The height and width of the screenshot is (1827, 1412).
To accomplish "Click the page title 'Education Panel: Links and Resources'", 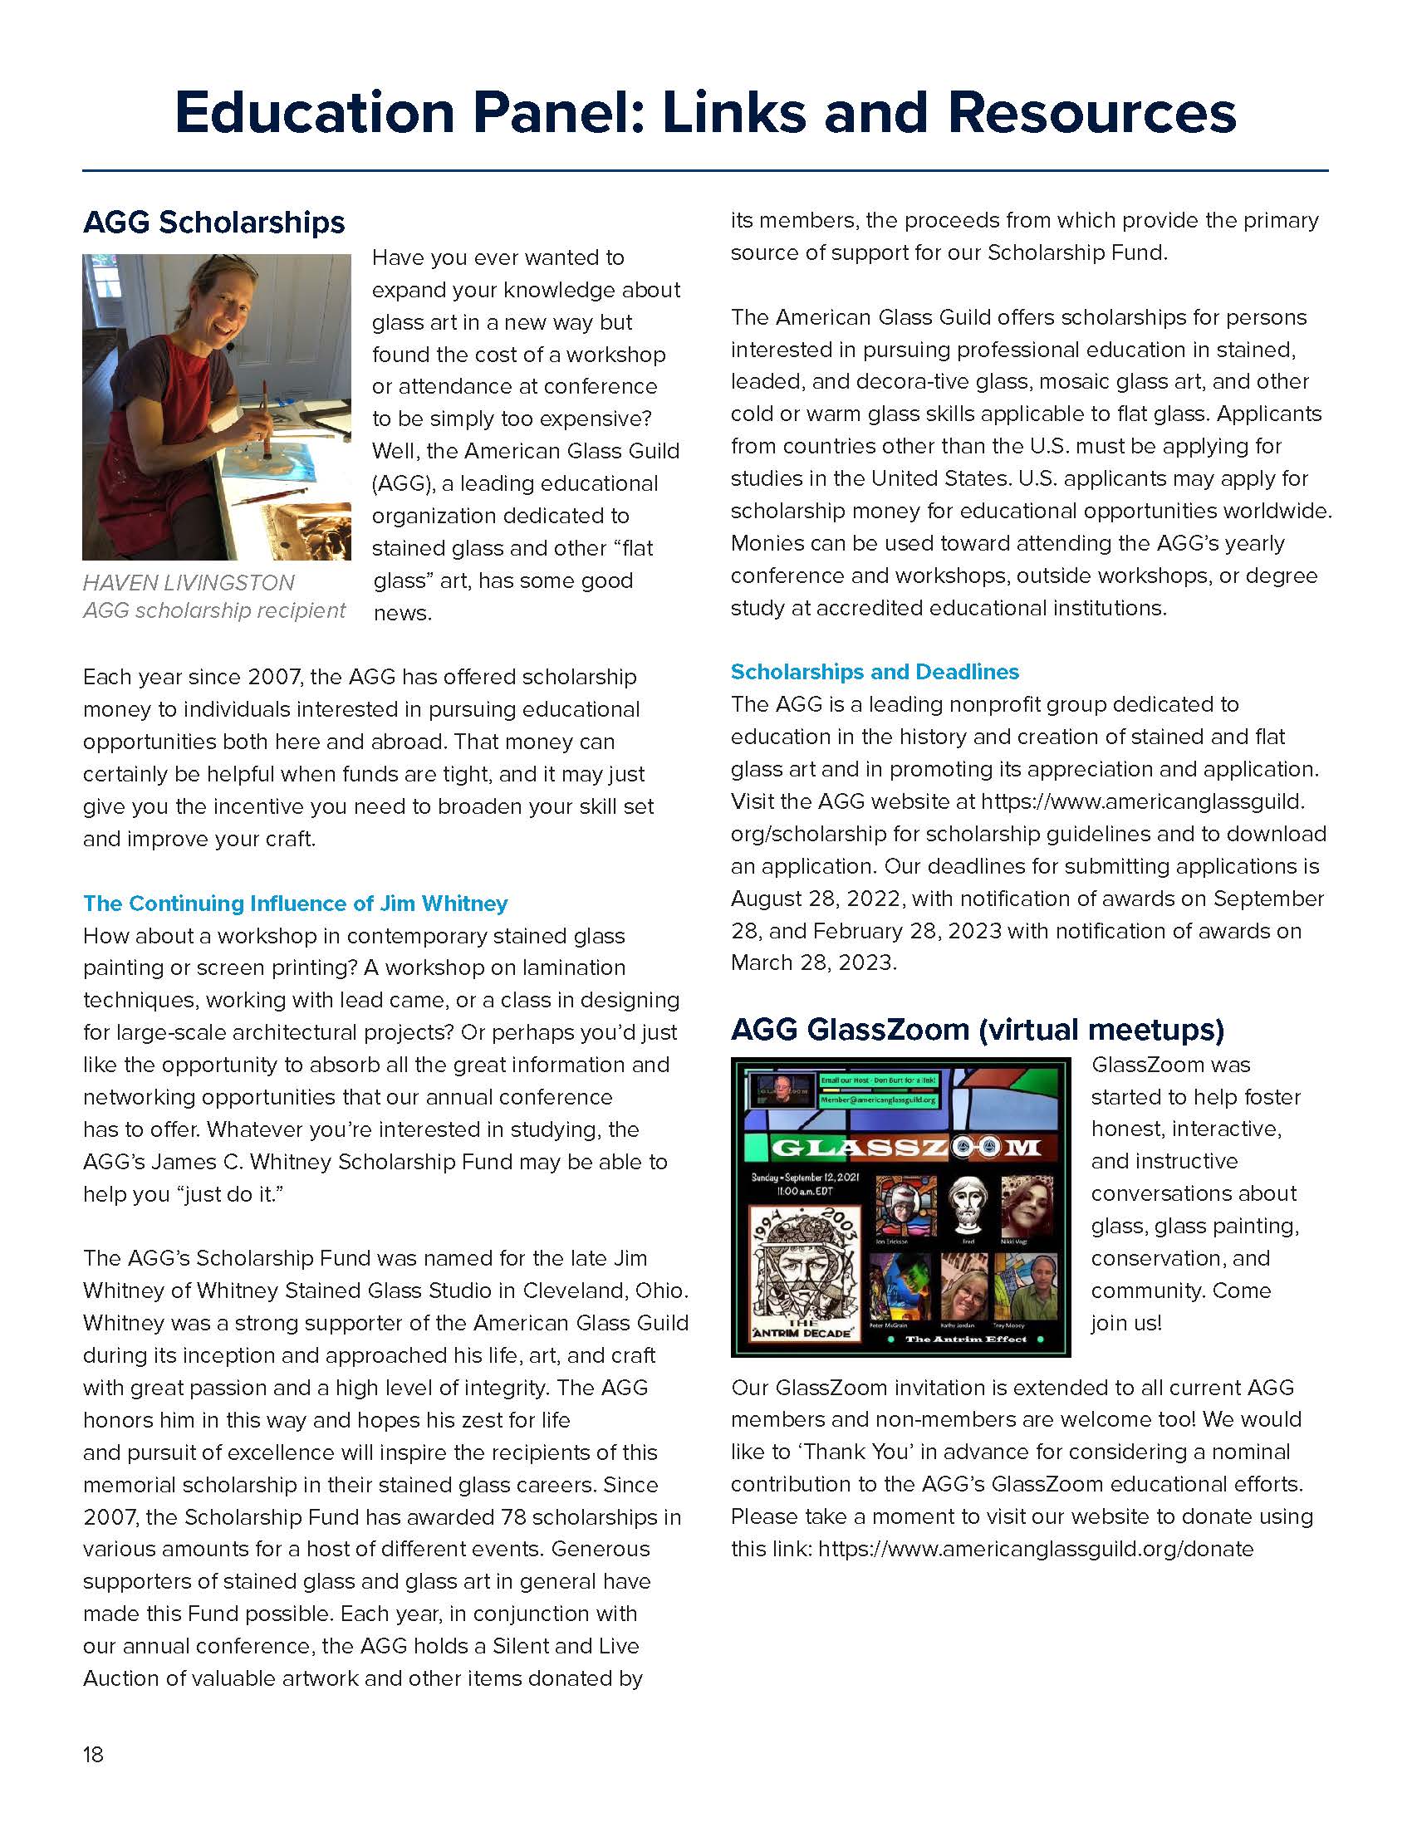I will coord(705,112).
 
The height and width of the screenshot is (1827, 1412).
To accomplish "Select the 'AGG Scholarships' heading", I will coord(213,223).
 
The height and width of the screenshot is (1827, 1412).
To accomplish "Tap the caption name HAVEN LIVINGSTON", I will coord(189,583).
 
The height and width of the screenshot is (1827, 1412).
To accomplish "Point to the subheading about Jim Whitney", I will coord(296,904).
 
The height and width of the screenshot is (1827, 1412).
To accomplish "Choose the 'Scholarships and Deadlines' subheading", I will coord(874,672).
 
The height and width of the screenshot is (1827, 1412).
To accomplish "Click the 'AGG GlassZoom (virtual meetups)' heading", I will coord(977,1029).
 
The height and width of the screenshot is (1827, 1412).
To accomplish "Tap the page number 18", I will coord(93,1754).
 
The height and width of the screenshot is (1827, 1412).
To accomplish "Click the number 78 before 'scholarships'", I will coord(512,1517).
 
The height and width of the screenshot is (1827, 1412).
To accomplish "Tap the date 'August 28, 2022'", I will coord(816,899).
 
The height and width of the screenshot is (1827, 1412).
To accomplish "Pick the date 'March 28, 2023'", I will coord(812,962).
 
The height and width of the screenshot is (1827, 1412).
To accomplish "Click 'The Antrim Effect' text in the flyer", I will coord(965,1340).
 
